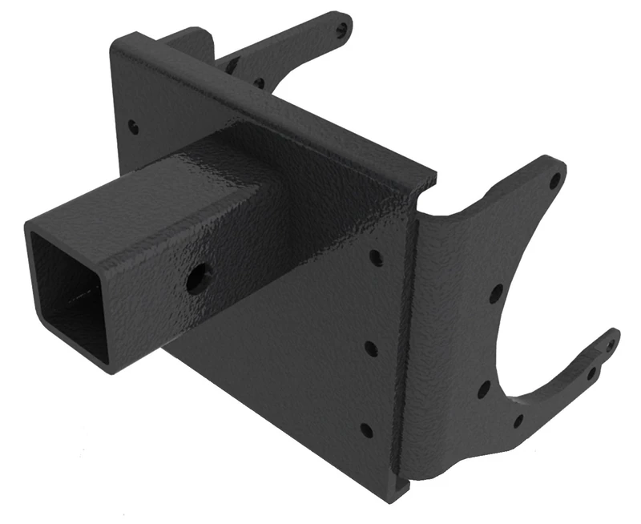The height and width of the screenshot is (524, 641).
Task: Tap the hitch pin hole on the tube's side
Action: [x=196, y=279]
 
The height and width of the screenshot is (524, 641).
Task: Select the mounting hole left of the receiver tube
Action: [x=133, y=127]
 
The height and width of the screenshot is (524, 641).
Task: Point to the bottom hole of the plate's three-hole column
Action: [x=366, y=430]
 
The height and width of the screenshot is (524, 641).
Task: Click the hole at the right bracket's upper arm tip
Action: [x=554, y=179]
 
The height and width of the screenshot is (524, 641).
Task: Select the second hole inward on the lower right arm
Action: [x=591, y=373]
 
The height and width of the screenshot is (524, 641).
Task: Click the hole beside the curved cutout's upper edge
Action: [x=496, y=293]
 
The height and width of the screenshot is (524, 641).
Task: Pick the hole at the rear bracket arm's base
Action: [x=258, y=82]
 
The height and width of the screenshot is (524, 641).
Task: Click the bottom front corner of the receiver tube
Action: [x=112, y=370]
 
